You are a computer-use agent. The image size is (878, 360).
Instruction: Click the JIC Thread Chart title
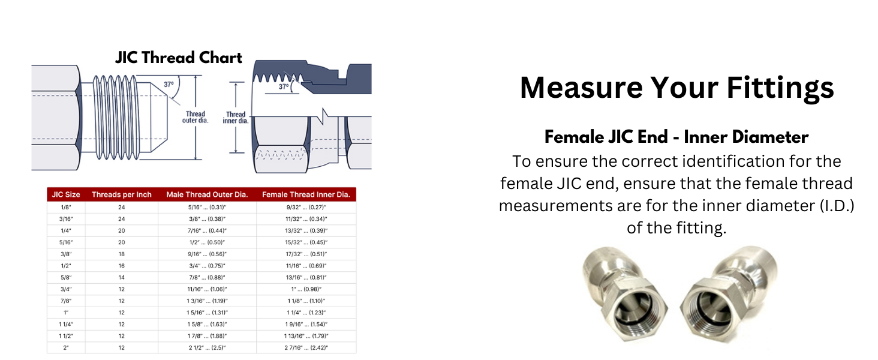[x=178, y=58]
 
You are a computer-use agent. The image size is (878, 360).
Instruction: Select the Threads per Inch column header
[x=122, y=194]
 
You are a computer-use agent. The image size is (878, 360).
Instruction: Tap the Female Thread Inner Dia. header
[x=306, y=194]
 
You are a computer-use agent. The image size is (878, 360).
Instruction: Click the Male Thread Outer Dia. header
[x=207, y=194]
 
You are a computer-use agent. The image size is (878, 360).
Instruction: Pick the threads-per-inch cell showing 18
[x=122, y=254]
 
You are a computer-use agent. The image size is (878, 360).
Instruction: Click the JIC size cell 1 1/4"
[x=66, y=325]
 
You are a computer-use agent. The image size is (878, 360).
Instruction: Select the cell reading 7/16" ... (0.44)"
[x=207, y=230]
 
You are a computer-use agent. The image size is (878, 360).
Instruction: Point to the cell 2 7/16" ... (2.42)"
[x=306, y=348]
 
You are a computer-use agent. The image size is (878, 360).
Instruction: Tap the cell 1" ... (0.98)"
[x=306, y=289]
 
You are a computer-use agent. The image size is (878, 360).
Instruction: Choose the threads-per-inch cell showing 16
[x=122, y=266]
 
